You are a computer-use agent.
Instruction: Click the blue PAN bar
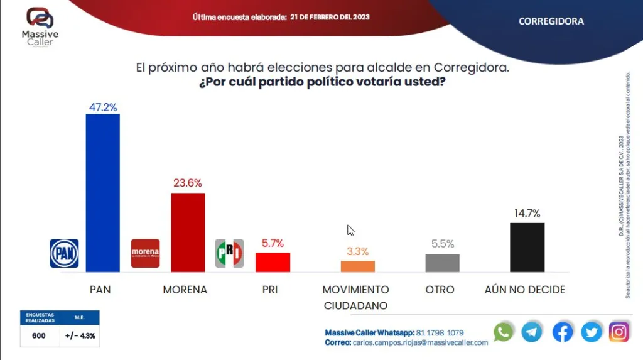[102, 193]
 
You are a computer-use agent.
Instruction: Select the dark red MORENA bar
[188, 232]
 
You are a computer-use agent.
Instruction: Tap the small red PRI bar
[273, 262]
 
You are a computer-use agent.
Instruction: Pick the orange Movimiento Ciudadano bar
[357, 266]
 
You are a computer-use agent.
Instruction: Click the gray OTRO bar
[442, 263]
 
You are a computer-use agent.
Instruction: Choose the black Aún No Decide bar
[527, 247]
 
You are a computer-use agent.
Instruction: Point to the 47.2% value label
[102, 107]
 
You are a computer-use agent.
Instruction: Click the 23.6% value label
[188, 183]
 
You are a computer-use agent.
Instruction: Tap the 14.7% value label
[527, 214]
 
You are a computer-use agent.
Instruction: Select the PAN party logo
[64, 253]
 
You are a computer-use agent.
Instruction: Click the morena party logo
[145, 253]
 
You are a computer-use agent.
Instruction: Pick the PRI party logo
[229, 253]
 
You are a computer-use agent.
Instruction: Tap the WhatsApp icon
[503, 332]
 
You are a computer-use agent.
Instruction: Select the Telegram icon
[532, 332]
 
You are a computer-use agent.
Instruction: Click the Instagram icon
[619, 332]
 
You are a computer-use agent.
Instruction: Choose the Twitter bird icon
[591, 332]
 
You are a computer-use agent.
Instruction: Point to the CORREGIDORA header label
[551, 21]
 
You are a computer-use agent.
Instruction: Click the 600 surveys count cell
[39, 335]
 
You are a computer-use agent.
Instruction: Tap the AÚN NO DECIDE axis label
[525, 290]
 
